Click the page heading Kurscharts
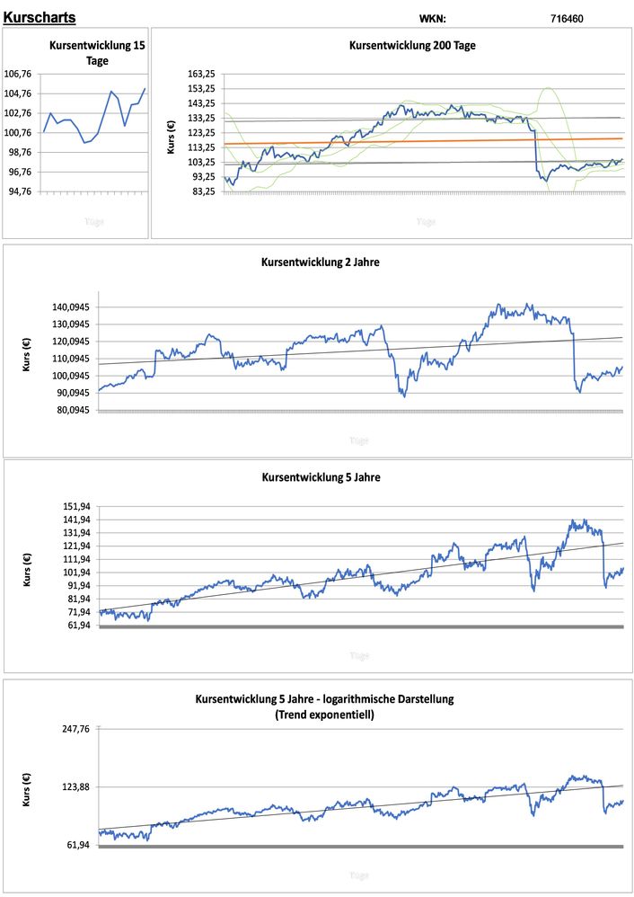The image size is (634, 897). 40,17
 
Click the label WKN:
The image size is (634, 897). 432,18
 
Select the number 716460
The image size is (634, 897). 567,18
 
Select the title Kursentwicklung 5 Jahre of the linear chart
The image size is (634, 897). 321,477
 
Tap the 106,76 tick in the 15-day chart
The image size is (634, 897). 19,74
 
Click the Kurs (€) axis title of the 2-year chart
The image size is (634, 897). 26,359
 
